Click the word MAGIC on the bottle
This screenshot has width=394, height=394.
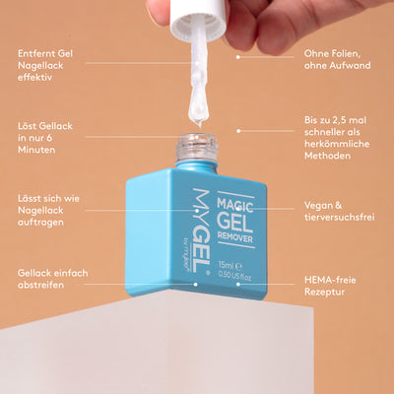(235, 205)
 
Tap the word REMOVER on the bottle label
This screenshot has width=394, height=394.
(235, 236)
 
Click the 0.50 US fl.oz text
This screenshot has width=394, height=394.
(234, 277)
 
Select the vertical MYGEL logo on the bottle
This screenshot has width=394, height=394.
(201, 230)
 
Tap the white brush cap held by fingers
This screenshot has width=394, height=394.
(198, 19)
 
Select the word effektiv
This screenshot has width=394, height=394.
(34, 78)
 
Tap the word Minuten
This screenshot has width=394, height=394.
(36, 150)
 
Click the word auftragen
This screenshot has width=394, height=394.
(40, 223)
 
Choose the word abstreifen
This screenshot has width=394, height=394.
(40, 285)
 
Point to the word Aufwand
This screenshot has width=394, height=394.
(349, 66)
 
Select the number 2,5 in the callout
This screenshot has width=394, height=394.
(340, 120)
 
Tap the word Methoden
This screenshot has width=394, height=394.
(327, 156)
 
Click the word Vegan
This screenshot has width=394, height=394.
(318, 206)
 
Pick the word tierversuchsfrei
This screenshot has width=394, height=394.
(340, 218)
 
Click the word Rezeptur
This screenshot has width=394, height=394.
(324, 293)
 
